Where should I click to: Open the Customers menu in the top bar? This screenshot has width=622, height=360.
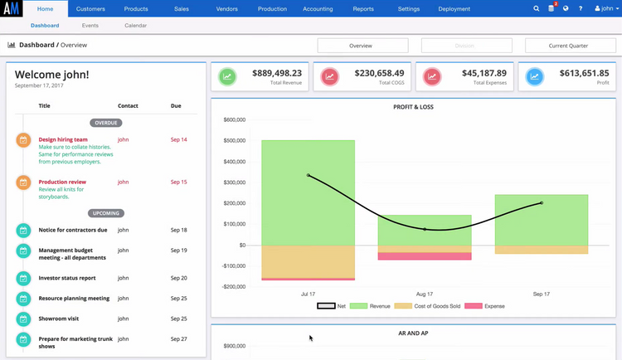(x=90, y=9)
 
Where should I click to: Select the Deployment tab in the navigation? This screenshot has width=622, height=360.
(x=454, y=9)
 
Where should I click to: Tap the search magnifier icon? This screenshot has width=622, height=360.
(x=537, y=9)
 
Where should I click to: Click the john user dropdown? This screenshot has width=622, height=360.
(x=606, y=9)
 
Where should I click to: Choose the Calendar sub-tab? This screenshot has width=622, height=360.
(x=136, y=26)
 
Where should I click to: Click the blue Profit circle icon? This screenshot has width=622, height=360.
(x=535, y=77)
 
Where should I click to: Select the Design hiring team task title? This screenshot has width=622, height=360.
(x=63, y=139)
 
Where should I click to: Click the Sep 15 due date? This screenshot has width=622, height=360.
(x=178, y=182)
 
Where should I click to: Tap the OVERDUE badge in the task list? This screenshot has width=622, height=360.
(x=105, y=123)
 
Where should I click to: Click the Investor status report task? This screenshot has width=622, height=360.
(x=67, y=278)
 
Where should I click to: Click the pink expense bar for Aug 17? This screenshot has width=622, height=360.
(x=425, y=256)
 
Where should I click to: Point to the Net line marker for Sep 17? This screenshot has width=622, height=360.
(x=542, y=202)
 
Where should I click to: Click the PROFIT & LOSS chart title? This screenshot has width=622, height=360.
(x=413, y=107)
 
